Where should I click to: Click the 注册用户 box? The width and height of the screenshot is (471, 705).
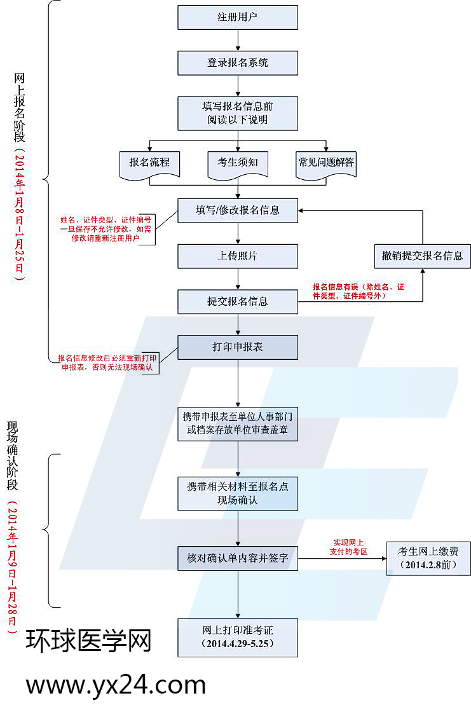click(238, 17)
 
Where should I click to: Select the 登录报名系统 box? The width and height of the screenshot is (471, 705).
click(238, 63)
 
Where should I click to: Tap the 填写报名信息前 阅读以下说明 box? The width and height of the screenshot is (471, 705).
click(238, 113)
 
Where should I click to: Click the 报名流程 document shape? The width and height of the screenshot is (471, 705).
click(149, 163)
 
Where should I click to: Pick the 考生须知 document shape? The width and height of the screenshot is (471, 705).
click(238, 163)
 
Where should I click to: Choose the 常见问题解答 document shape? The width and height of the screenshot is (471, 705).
click(327, 163)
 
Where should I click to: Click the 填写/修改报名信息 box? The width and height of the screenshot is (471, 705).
click(238, 210)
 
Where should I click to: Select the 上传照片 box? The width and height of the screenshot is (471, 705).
click(238, 256)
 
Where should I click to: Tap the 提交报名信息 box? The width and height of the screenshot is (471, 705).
click(238, 301)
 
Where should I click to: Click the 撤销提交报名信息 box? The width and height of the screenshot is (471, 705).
click(423, 256)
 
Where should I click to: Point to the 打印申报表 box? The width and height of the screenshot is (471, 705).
click(238, 347)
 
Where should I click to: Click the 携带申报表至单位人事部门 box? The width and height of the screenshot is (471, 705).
click(238, 423)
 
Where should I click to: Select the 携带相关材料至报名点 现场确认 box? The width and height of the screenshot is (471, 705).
click(238, 493)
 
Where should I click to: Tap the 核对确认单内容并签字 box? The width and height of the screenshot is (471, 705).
click(238, 558)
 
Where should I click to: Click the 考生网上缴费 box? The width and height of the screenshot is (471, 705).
click(429, 558)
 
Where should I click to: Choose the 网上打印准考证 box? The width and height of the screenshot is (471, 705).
click(238, 637)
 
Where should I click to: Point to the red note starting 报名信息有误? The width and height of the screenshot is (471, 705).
click(358, 291)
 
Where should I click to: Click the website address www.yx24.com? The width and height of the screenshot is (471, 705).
click(116, 685)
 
